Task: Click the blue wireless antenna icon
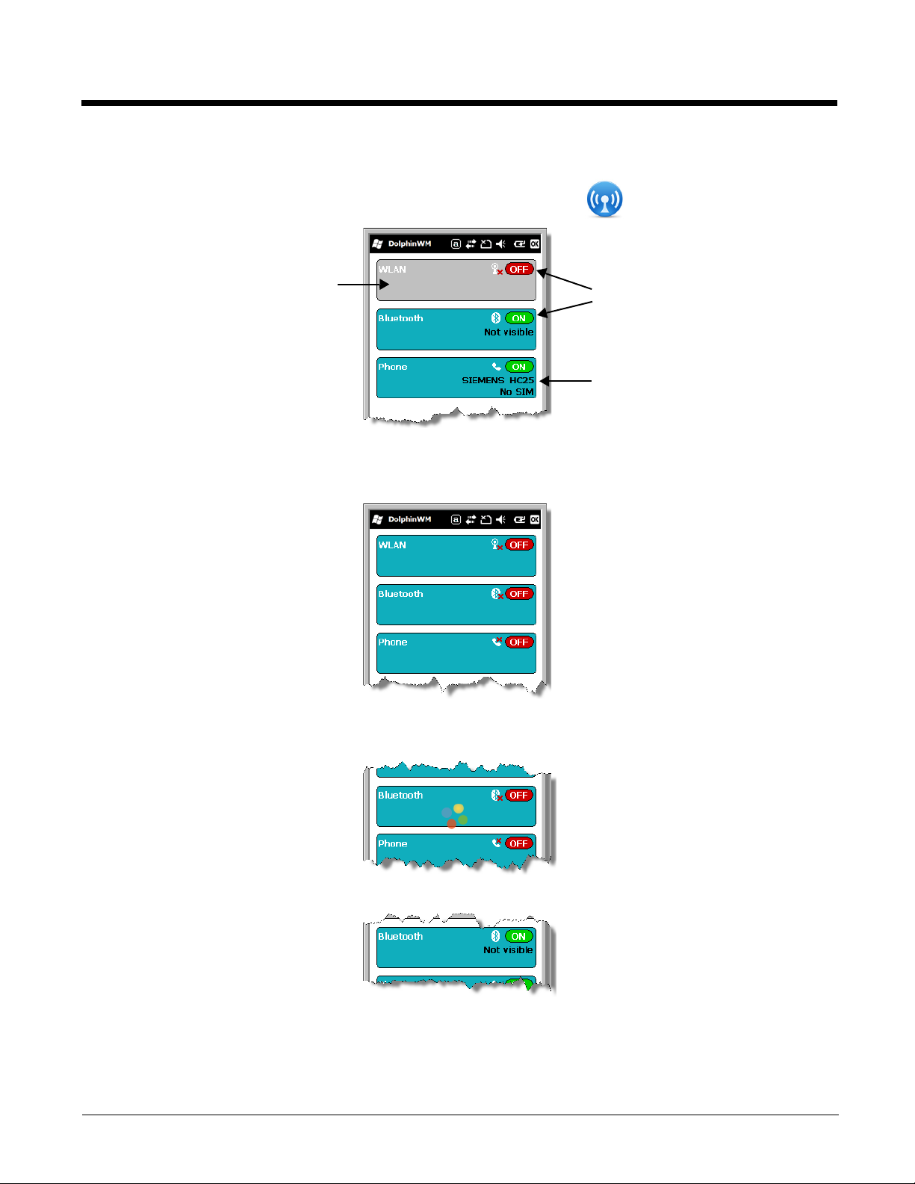604,199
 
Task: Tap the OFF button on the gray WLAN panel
519,269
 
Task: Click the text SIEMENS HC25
497,380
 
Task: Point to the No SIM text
516,392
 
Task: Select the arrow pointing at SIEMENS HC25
565,381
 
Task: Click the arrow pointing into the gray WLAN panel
363,285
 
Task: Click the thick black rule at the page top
459,103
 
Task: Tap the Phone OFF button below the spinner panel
519,843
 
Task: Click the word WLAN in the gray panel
392,270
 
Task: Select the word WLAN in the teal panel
392,545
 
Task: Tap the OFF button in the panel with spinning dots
519,795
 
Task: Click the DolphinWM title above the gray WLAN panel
409,244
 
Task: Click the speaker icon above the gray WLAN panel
500,244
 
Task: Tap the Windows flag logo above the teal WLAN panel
377,519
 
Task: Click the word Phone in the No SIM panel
393,367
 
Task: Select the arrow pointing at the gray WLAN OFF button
565,279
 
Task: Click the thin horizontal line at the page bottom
459,1115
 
